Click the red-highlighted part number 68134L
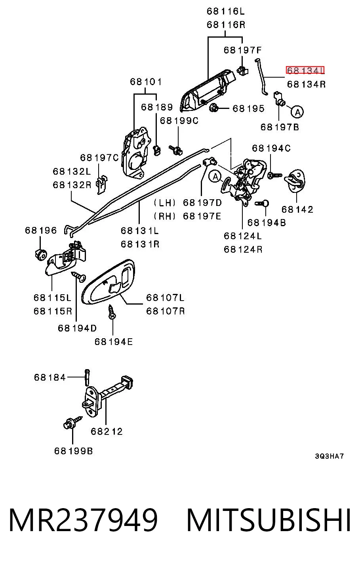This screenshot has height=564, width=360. pos(305,70)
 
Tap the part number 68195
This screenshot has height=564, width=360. pos(248,109)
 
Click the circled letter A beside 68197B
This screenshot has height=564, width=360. pos(297,112)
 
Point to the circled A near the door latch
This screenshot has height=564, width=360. pos(215,177)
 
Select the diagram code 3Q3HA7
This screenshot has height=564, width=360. pos(329,463)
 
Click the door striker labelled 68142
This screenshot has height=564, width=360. pos(295,181)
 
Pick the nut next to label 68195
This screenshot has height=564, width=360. pos(213,108)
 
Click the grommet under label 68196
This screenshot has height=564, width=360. pos(40,255)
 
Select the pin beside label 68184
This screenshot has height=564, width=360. pos(87,377)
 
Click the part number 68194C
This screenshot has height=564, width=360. pos(271,148)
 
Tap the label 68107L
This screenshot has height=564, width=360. pos(165,297)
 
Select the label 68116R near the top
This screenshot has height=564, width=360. pos(226,25)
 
